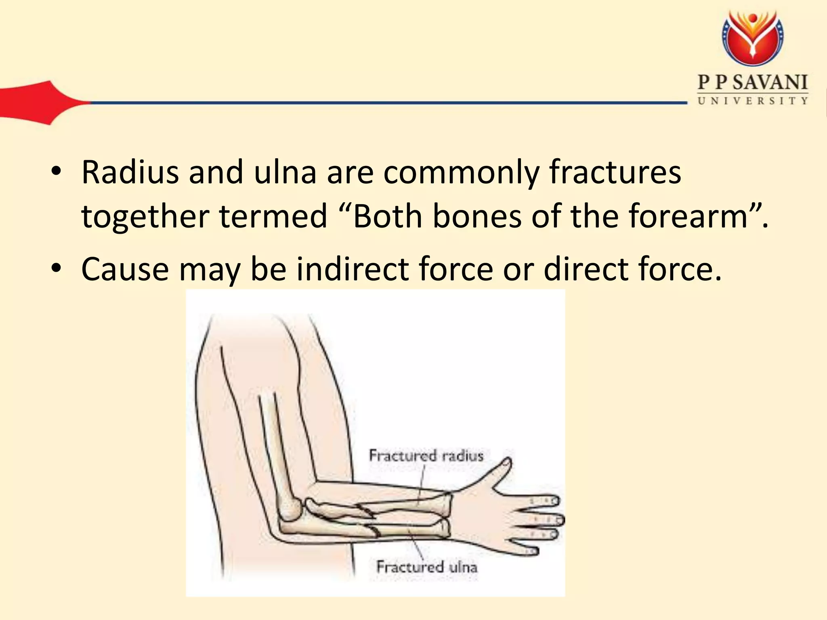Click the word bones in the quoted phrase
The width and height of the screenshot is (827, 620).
[x=477, y=216]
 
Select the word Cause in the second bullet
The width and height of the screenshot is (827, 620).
[x=125, y=269]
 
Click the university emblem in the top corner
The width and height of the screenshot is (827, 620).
[x=753, y=38]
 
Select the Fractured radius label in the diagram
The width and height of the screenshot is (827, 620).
[x=426, y=456]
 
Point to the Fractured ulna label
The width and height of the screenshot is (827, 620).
[x=426, y=567]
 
